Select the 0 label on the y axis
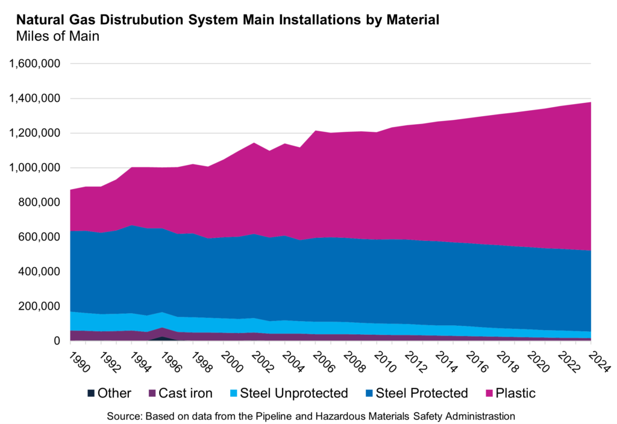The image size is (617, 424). tap(57, 341)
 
